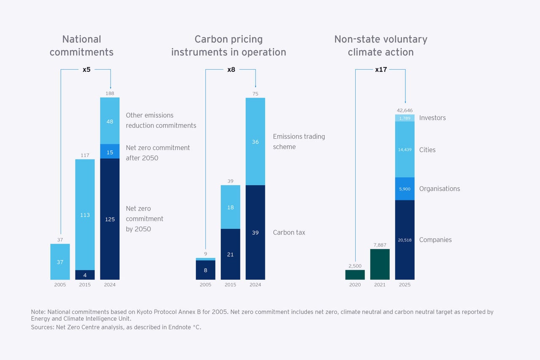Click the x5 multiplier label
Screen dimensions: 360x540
tap(86, 70)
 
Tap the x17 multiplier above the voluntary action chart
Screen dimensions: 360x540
tap(381, 70)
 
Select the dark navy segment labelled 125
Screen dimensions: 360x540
tap(110, 219)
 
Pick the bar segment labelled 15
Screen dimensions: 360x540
tap(110, 152)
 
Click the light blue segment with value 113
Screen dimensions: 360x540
tap(85, 214)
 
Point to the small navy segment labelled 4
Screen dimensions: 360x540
tap(85, 275)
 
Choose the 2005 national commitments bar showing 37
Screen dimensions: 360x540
tap(60, 262)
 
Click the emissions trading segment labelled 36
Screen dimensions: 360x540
tap(255, 142)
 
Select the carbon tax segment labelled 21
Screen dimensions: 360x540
tap(230, 254)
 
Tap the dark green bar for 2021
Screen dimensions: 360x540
tap(380, 265)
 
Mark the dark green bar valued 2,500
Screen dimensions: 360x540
tap(355, 275)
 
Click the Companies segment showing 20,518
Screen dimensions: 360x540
tap(405, 240)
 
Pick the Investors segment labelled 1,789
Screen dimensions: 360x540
tap(405, 118)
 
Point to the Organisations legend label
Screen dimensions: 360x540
tap(440, 189)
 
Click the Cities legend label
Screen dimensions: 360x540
tap(427, 150)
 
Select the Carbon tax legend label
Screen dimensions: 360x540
tap(289, 233)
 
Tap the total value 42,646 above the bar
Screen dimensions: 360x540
tap(405, 111)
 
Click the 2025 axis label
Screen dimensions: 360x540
tap(405, 285)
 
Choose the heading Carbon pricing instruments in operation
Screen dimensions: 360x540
tap(229, 46)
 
